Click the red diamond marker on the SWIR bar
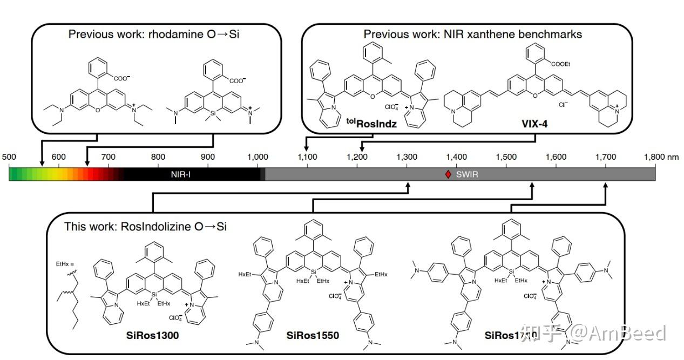click(448, 174)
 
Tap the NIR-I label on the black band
click(181, 174)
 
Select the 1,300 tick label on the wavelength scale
click(407, 157)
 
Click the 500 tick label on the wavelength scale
click(9, 157)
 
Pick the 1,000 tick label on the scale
click(257, 157)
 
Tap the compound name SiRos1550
click(313, 336)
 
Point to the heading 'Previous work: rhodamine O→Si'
click(154, 34)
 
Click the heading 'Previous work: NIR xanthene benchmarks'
click(472, 34)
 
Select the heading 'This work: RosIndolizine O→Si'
click(145, 227)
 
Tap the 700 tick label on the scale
click(108, 157)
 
